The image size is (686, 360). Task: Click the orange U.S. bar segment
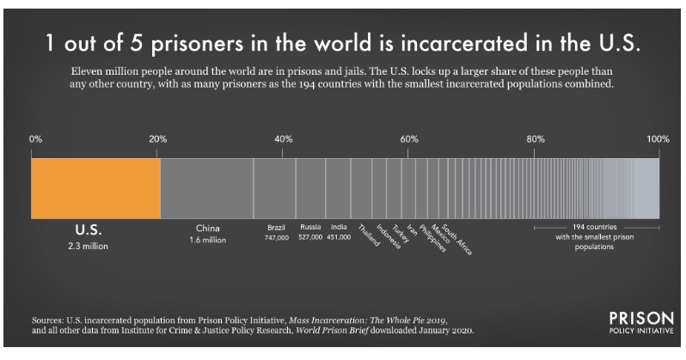[95, 188]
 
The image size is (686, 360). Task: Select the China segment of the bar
[206, 188]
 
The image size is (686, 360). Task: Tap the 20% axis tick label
[158, 138]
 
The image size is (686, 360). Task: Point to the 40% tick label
[284, 138]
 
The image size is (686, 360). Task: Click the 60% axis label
[409, 138]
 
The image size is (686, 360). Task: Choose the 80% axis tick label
[535, 138]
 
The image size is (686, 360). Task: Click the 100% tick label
[658, 138]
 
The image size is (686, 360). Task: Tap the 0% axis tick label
[35, 138]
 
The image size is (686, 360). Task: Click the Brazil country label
[276, 227]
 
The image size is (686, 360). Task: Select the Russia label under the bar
[309, 227]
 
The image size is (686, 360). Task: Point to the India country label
[339, 227]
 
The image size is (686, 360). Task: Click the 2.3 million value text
[89, 246]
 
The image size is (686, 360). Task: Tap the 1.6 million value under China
[206, 240]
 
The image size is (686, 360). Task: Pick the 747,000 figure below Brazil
[276, 235]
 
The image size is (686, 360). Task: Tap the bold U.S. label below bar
[89, 230]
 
